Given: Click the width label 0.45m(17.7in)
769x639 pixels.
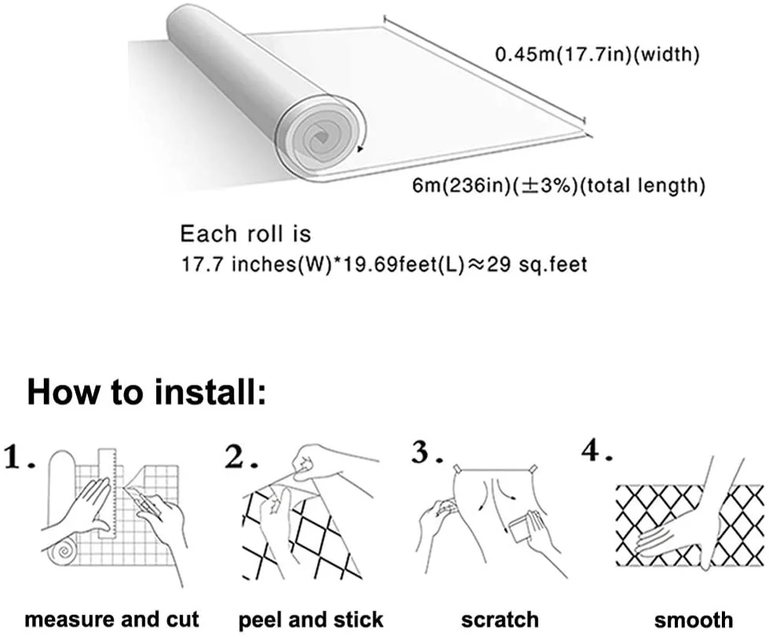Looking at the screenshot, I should click(x=596, y=55).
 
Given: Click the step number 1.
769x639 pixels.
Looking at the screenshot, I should click(x=19, y=456).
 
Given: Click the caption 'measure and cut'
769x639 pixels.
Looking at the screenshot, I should click(x=112, y=619).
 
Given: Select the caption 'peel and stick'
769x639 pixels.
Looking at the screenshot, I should click(x=312, y=619).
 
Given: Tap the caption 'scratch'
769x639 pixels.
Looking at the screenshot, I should click(x=500, y=619).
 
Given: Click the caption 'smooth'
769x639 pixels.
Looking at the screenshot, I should click(x=694, y=619).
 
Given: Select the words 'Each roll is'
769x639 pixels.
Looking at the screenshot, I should click(x=246, y=233).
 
